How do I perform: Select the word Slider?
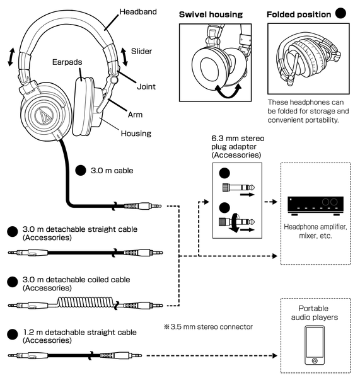pos(142,50)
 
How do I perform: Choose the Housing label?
pos(137,133)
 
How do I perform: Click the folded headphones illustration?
pos(306,59)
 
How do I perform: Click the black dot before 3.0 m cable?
pos(80,171)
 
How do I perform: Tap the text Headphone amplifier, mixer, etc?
pos(315,232)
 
